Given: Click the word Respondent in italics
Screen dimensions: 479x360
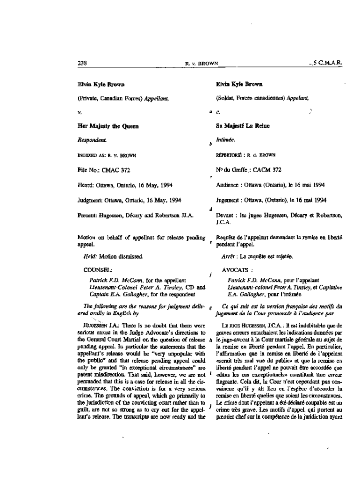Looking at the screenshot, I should (x=91, y=139).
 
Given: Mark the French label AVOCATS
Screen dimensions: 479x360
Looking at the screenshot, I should (x=237, y=270).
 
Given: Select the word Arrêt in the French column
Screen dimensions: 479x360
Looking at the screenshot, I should (x=228, y=257).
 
